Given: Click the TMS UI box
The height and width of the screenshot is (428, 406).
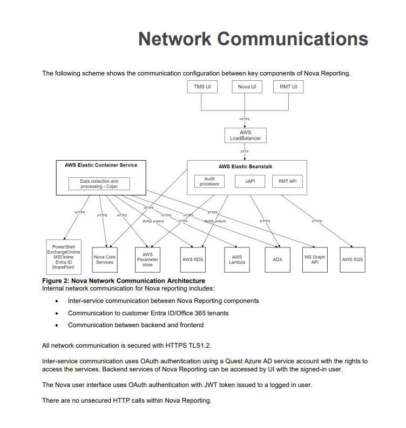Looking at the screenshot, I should click(x=202, y=87).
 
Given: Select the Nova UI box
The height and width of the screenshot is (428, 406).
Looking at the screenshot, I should click(x=246, y=87).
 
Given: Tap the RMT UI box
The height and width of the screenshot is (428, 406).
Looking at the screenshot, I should click(x=288, y=87).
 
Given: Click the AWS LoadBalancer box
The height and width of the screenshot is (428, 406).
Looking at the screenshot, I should click(x=245, y=135).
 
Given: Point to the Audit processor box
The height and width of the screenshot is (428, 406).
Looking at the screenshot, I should click(x=209, y=181).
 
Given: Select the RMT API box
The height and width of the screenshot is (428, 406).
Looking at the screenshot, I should click(x=287, y=181).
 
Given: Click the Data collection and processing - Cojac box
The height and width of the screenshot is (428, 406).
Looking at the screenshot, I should click(x=99, y=184).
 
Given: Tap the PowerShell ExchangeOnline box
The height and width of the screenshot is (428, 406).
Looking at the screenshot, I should click(x=64, y=257).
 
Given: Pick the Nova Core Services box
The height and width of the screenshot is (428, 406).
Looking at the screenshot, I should click(x=105, y=259).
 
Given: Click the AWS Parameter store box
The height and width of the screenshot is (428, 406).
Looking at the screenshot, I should click(x=147, y=259).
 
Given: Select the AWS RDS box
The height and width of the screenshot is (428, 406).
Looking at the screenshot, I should click(x=193, y=259).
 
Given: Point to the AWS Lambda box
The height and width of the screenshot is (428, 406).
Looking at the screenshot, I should click(x=236, y=259).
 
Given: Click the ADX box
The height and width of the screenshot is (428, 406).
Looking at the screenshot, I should click(x=278, y=259).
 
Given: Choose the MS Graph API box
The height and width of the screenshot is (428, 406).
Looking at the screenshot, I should click(x=315, y=259).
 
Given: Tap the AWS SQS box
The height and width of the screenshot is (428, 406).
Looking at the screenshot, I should click(x=353, y=259).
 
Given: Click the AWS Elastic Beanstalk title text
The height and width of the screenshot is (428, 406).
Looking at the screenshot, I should click(x=246, y=167).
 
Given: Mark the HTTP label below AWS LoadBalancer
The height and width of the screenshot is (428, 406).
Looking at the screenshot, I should click(x=245, y=151).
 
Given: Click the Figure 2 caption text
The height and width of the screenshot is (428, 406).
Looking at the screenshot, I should click(x=123, y=281).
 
